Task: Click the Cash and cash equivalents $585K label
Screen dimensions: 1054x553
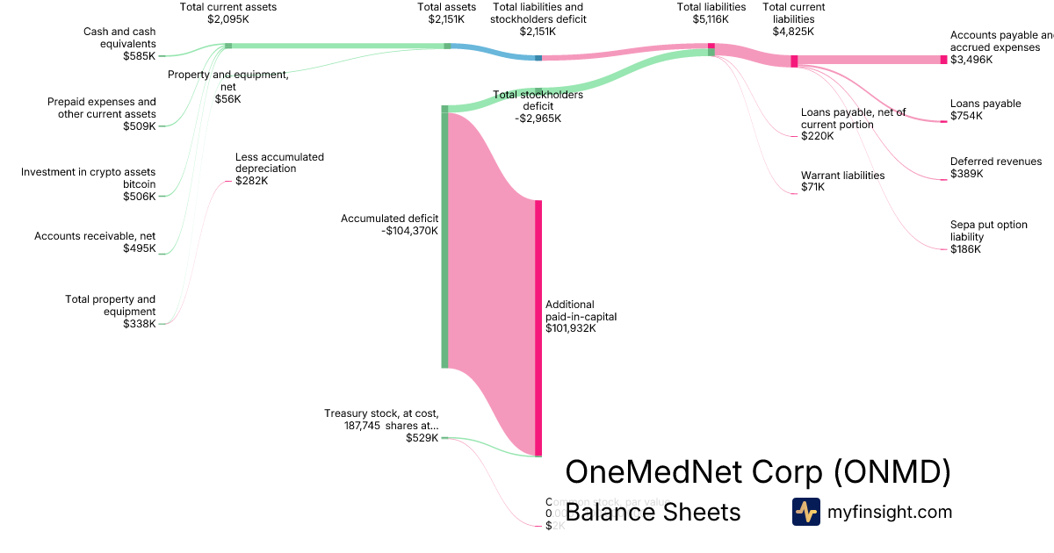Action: point(119,43)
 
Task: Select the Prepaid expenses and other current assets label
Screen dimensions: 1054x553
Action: point(102,113)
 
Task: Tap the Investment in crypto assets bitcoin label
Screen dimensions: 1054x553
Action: point(88,184)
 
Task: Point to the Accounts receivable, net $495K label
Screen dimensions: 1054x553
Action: point(95,242)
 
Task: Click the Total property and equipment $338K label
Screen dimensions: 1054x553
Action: point(111,312)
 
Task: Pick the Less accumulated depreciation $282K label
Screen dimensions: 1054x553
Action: point(279,169)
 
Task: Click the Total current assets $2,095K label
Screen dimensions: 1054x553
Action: point(228,12)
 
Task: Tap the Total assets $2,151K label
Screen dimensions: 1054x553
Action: point(447,12)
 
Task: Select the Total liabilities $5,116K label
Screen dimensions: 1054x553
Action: point(711,12)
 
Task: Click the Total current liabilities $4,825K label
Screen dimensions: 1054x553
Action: point(793,18)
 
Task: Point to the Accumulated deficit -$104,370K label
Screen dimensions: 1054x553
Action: point(389,225)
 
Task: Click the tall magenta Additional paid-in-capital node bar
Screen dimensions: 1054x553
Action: point(538,327)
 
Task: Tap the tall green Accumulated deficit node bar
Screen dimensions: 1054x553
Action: point(444,237)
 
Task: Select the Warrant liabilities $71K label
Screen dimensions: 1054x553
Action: point(842,181)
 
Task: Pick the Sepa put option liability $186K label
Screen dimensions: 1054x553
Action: point(988,237)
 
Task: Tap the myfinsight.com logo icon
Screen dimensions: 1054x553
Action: point(805,512)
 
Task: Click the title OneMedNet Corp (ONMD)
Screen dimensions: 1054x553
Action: point(758,472)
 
